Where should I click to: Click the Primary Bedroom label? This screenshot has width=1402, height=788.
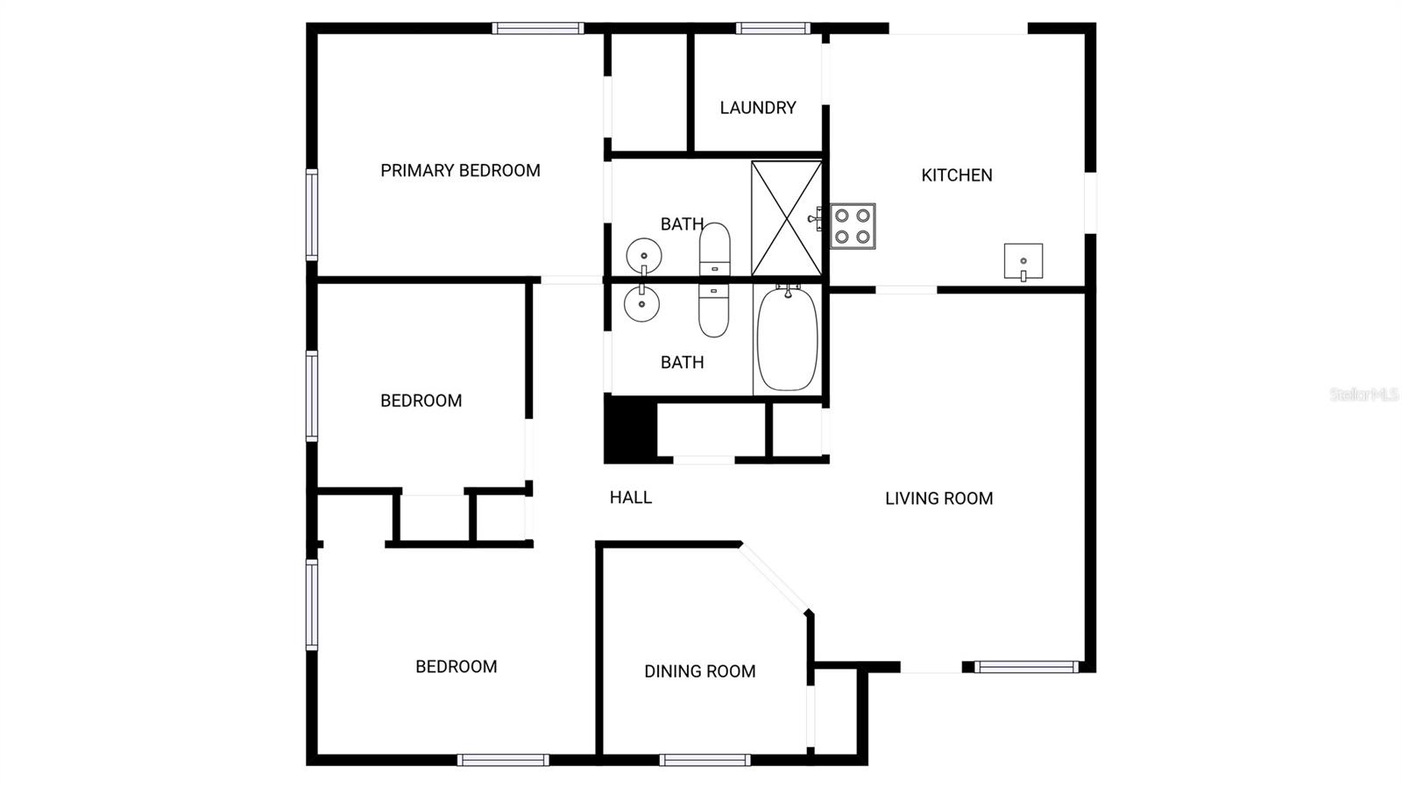(x=460, y=171)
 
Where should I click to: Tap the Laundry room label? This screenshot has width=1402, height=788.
(x=758, y=108)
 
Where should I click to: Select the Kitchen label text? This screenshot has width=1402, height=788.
(x=957, y=175)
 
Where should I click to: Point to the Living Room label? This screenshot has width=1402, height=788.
(x=938, y=499)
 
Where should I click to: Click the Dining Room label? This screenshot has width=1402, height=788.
(x=699, y=671)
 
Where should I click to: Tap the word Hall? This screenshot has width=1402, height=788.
(x=631, y=498)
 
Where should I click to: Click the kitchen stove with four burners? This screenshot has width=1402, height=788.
(x=853, y=226)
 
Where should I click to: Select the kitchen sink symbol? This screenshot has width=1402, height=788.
(x=1023, y=261)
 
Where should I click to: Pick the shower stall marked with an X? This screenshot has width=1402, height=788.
(x=786, y=218)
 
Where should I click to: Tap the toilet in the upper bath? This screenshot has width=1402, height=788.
(x=714, y=247)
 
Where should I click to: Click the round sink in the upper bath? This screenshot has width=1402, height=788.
(x=644, y=256)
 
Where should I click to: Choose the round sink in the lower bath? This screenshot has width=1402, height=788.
(x=641, y=304)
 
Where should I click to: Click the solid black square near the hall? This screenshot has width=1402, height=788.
(x=630, y=429)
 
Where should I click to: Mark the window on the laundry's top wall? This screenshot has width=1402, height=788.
(x=773, y=29)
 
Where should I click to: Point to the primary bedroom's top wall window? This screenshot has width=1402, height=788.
(x=538, y=29)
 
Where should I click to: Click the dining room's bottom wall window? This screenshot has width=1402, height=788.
(x=705, y=760)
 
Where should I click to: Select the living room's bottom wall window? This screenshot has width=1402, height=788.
(x=1026, y=667)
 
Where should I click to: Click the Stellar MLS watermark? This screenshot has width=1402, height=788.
(x=1363, y=394)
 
